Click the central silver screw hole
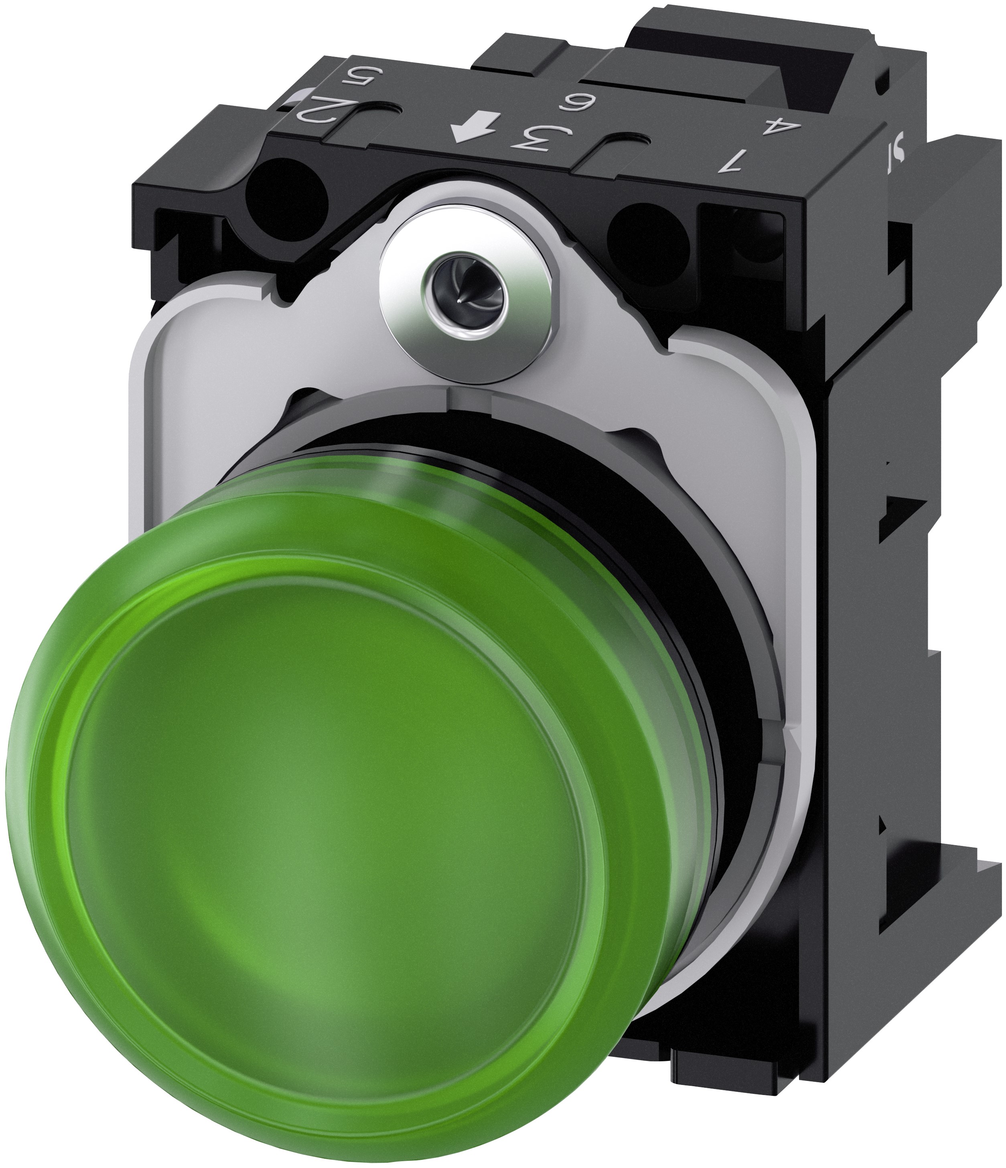click(x=466, y=295)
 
